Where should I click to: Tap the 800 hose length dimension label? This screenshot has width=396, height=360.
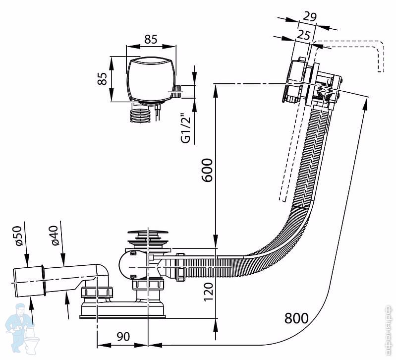tap(296, 318)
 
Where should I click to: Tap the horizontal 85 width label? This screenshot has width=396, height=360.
tap(151, 39)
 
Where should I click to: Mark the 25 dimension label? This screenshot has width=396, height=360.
tap(303, 34)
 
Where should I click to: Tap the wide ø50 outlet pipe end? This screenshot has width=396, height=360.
tap(27, 280)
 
